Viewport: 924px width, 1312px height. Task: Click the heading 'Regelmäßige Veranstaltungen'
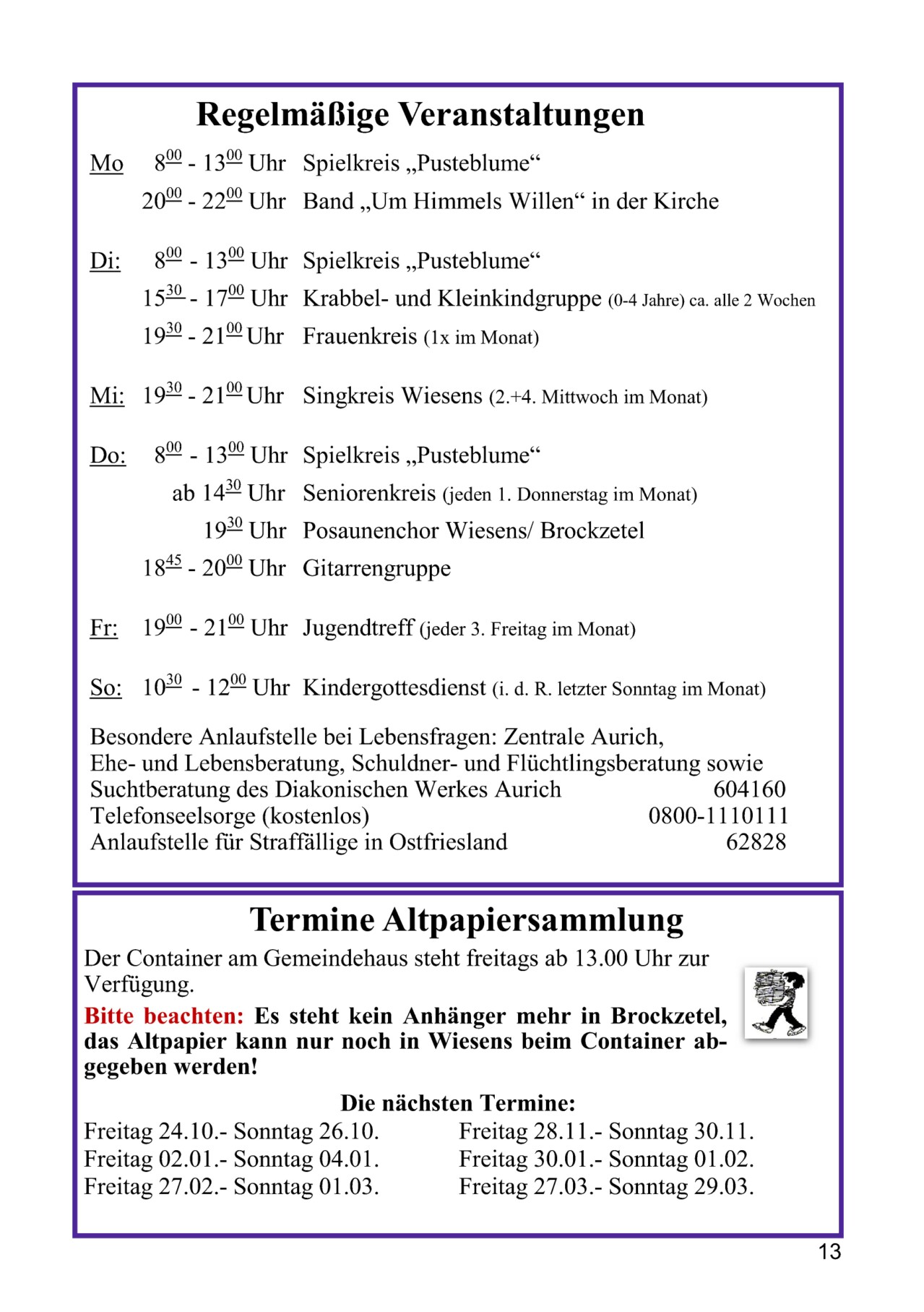tap(420, 114)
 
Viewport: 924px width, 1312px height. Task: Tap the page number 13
tap(829, 1251)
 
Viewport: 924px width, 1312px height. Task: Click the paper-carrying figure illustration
tap(776, 1003)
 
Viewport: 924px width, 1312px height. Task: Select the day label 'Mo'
tap(106, 164)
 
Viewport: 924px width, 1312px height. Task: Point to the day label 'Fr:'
tap(103, 628)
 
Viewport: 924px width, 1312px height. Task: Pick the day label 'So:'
tap(105, 687)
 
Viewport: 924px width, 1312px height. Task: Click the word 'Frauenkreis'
tap(360, 336)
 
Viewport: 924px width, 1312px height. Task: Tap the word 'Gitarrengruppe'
tap(376, 568)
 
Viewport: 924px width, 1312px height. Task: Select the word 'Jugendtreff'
tap(358, 627)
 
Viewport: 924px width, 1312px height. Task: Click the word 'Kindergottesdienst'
tap(394, 687)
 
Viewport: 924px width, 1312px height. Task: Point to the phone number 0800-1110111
tap(717, 816)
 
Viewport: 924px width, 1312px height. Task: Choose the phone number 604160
tap(749, 789)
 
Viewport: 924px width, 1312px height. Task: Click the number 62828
tap(756, 842)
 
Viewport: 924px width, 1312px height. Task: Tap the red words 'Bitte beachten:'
tap(164, 1016)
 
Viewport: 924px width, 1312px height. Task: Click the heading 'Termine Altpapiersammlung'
tap(467, 920)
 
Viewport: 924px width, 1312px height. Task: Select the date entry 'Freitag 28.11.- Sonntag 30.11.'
tap(606, 1131)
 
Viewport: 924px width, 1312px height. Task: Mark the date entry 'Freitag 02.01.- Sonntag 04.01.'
tap(231, 1159)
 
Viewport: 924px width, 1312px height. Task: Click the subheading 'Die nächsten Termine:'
tap(458, 1103)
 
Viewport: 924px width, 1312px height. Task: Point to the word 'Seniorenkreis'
tap(369, 493)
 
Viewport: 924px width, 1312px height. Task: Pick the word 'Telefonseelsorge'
tap(173, 816)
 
